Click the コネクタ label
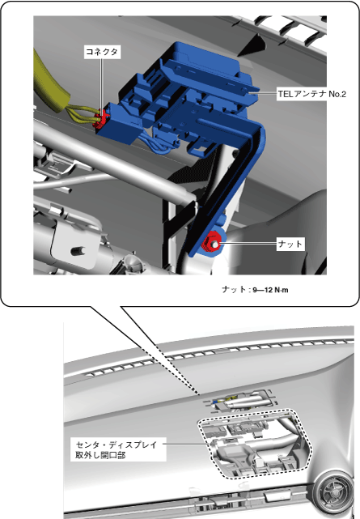tap(102, 52)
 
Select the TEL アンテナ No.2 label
tap(311, 94)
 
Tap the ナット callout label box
tap(290, 244)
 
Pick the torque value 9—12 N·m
tap(270, 290)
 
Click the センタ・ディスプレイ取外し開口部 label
tap(116, 449)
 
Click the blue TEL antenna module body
tap(185, 96)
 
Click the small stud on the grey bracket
tap(78, 250)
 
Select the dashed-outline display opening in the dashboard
tap(255, 443)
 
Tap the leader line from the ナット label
tap(248, 244)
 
